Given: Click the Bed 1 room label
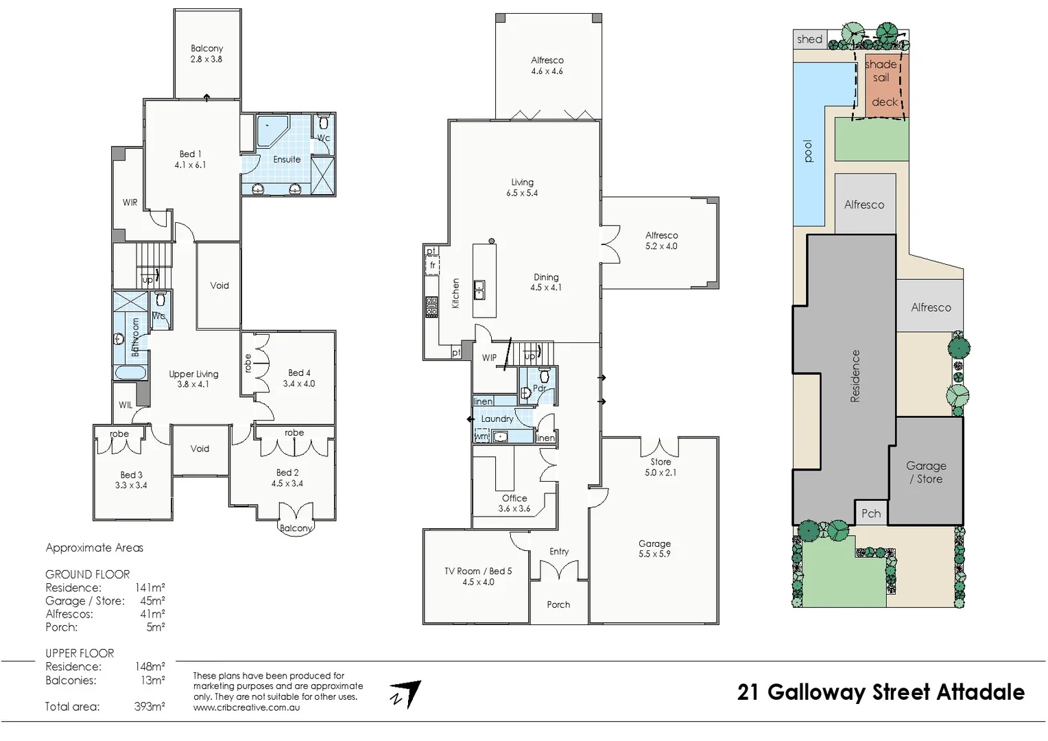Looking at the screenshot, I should (190, 159).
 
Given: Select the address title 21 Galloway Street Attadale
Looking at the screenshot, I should (881, 692).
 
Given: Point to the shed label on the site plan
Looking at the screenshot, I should (809, 39).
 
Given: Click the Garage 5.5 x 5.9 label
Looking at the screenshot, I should (654, 548).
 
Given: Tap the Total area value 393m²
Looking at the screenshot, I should (150, 706).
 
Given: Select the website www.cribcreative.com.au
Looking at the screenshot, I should (246, 707).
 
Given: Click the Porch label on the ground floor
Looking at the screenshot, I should (558, 604).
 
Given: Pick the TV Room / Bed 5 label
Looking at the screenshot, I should (478, 576).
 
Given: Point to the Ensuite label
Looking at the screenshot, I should (287, 159).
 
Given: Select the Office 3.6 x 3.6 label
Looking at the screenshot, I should (514, 503).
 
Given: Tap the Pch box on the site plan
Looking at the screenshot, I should (871, 513).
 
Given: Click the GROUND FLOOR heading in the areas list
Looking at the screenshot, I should (87, 574).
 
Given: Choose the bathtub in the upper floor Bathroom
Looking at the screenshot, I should (130, 373).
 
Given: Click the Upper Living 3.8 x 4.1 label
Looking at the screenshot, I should (193, 379).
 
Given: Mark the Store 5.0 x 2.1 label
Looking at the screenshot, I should (660, 467).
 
